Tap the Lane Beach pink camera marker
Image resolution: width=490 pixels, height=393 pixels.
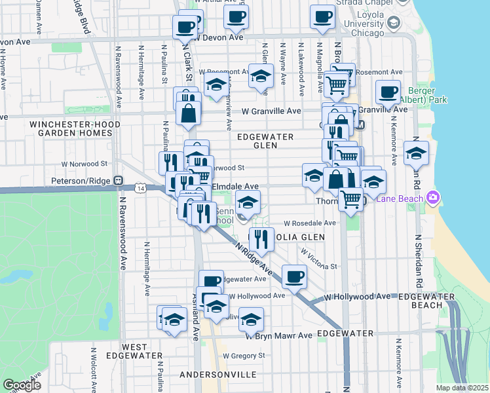432,196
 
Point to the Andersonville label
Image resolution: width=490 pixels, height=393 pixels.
218,374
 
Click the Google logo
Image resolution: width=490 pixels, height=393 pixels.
22,384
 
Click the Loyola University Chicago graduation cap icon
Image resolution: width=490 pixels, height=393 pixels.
394,24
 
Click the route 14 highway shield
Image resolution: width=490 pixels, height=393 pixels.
141,188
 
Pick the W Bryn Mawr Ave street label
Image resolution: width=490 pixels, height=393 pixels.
279,335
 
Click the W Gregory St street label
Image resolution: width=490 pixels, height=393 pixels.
244,356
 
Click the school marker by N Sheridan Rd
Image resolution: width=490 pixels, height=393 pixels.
416,153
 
